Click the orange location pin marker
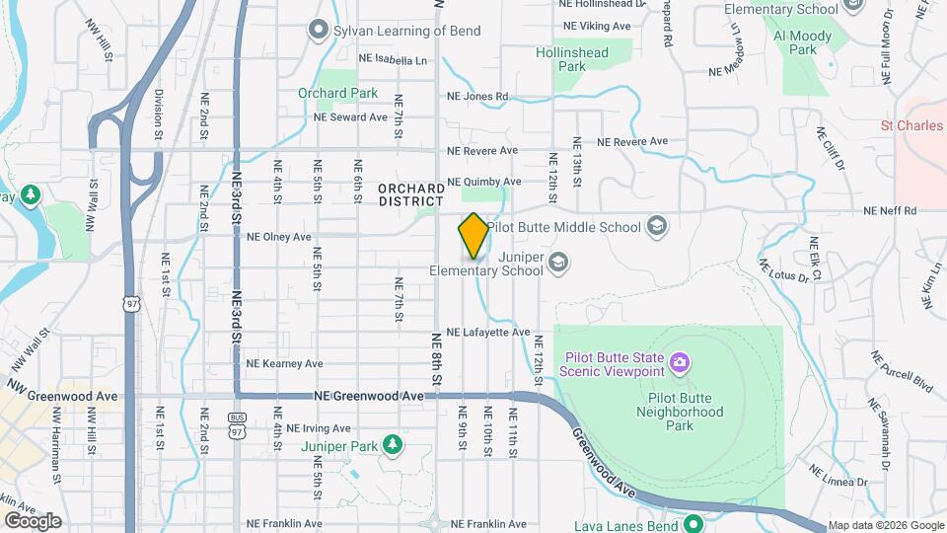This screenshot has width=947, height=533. [473, 236]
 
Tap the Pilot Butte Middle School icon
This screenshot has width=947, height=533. [656, 227]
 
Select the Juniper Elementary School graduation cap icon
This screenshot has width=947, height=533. [558, 262]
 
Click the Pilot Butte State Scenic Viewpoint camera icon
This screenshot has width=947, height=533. [679, 363]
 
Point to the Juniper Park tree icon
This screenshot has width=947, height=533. [393, 445]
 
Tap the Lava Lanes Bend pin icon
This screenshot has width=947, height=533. [692, 523]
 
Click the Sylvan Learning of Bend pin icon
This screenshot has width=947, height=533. [318, 31]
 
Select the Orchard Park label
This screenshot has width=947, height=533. [337, 94]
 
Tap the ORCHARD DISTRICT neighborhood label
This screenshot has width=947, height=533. [410, 194]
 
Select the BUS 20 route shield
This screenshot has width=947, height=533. [237, 419]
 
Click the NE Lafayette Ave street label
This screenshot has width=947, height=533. [488, 333]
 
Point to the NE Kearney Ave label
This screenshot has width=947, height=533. [285, 363]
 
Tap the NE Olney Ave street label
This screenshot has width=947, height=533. [278, 237]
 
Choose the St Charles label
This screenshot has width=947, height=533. [912, 126]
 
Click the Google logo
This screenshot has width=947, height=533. [33, 520]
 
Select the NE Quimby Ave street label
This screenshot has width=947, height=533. [483, 182]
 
